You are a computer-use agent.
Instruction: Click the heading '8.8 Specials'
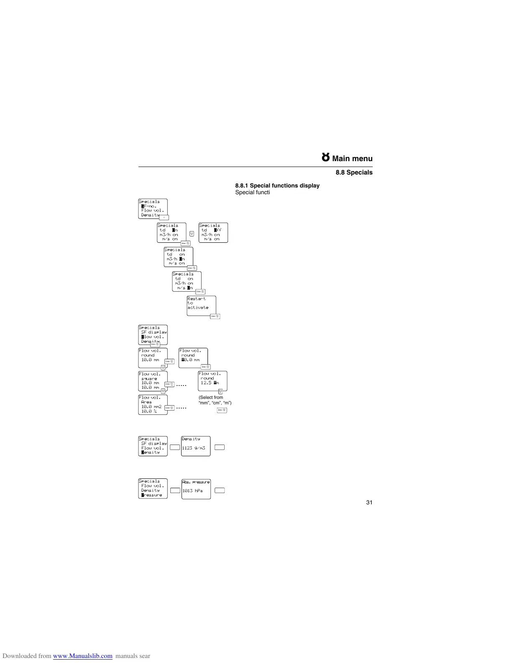click(x=354, y=172)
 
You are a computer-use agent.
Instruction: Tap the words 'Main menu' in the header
click(x=352, y=159)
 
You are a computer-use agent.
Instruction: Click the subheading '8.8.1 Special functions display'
click(x=277, y=185)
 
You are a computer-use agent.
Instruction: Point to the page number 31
click(x=369, y=502)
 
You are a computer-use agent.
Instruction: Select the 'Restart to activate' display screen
click(x=201, y=305)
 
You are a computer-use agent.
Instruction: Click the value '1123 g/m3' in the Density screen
click(x=194, y=448)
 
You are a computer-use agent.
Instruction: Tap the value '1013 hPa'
click(x=192, y=491)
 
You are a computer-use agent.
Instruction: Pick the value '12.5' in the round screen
click(x=206, y=383)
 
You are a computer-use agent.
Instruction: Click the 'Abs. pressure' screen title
click(x=196, y=482)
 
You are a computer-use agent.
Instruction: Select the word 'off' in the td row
click(x=218, y=230)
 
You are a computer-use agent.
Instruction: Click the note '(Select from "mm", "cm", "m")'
click(x=215, y=400)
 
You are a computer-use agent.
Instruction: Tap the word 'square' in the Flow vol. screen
click(x=149, y=378)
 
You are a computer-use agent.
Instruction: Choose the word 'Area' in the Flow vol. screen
click(x=146, y=402)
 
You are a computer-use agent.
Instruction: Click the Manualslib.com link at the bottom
click(x=83, y=656)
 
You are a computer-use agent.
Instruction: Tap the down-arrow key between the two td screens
click(x=192, y=234)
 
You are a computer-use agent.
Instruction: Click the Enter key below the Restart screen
click(x=215, y=316)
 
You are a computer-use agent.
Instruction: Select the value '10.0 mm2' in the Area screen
click(x=151, y=406)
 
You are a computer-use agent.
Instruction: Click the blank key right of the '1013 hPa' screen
click(x=220, y=491)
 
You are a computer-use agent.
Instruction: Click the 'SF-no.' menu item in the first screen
click(x=149, y=206)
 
